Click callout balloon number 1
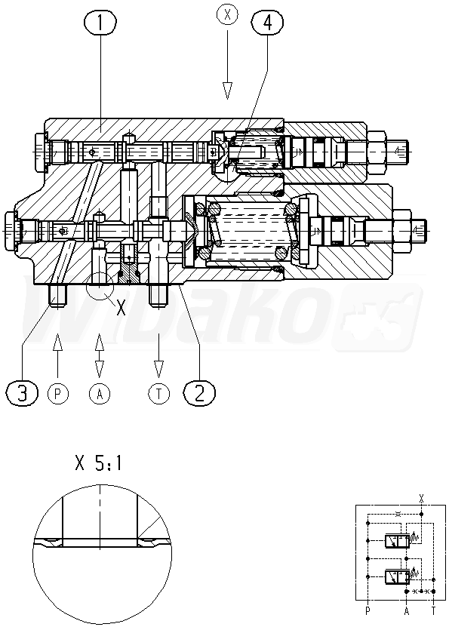pos(100,23)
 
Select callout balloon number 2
pos(199,392)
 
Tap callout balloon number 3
pos(23,393)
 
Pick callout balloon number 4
pos(267,23)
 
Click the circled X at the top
pos(227,15)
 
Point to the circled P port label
pos(58,394)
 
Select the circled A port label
pos(100,394)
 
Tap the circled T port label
pos(158,394)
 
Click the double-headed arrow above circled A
pos(99,355)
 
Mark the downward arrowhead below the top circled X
pos(227,91)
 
